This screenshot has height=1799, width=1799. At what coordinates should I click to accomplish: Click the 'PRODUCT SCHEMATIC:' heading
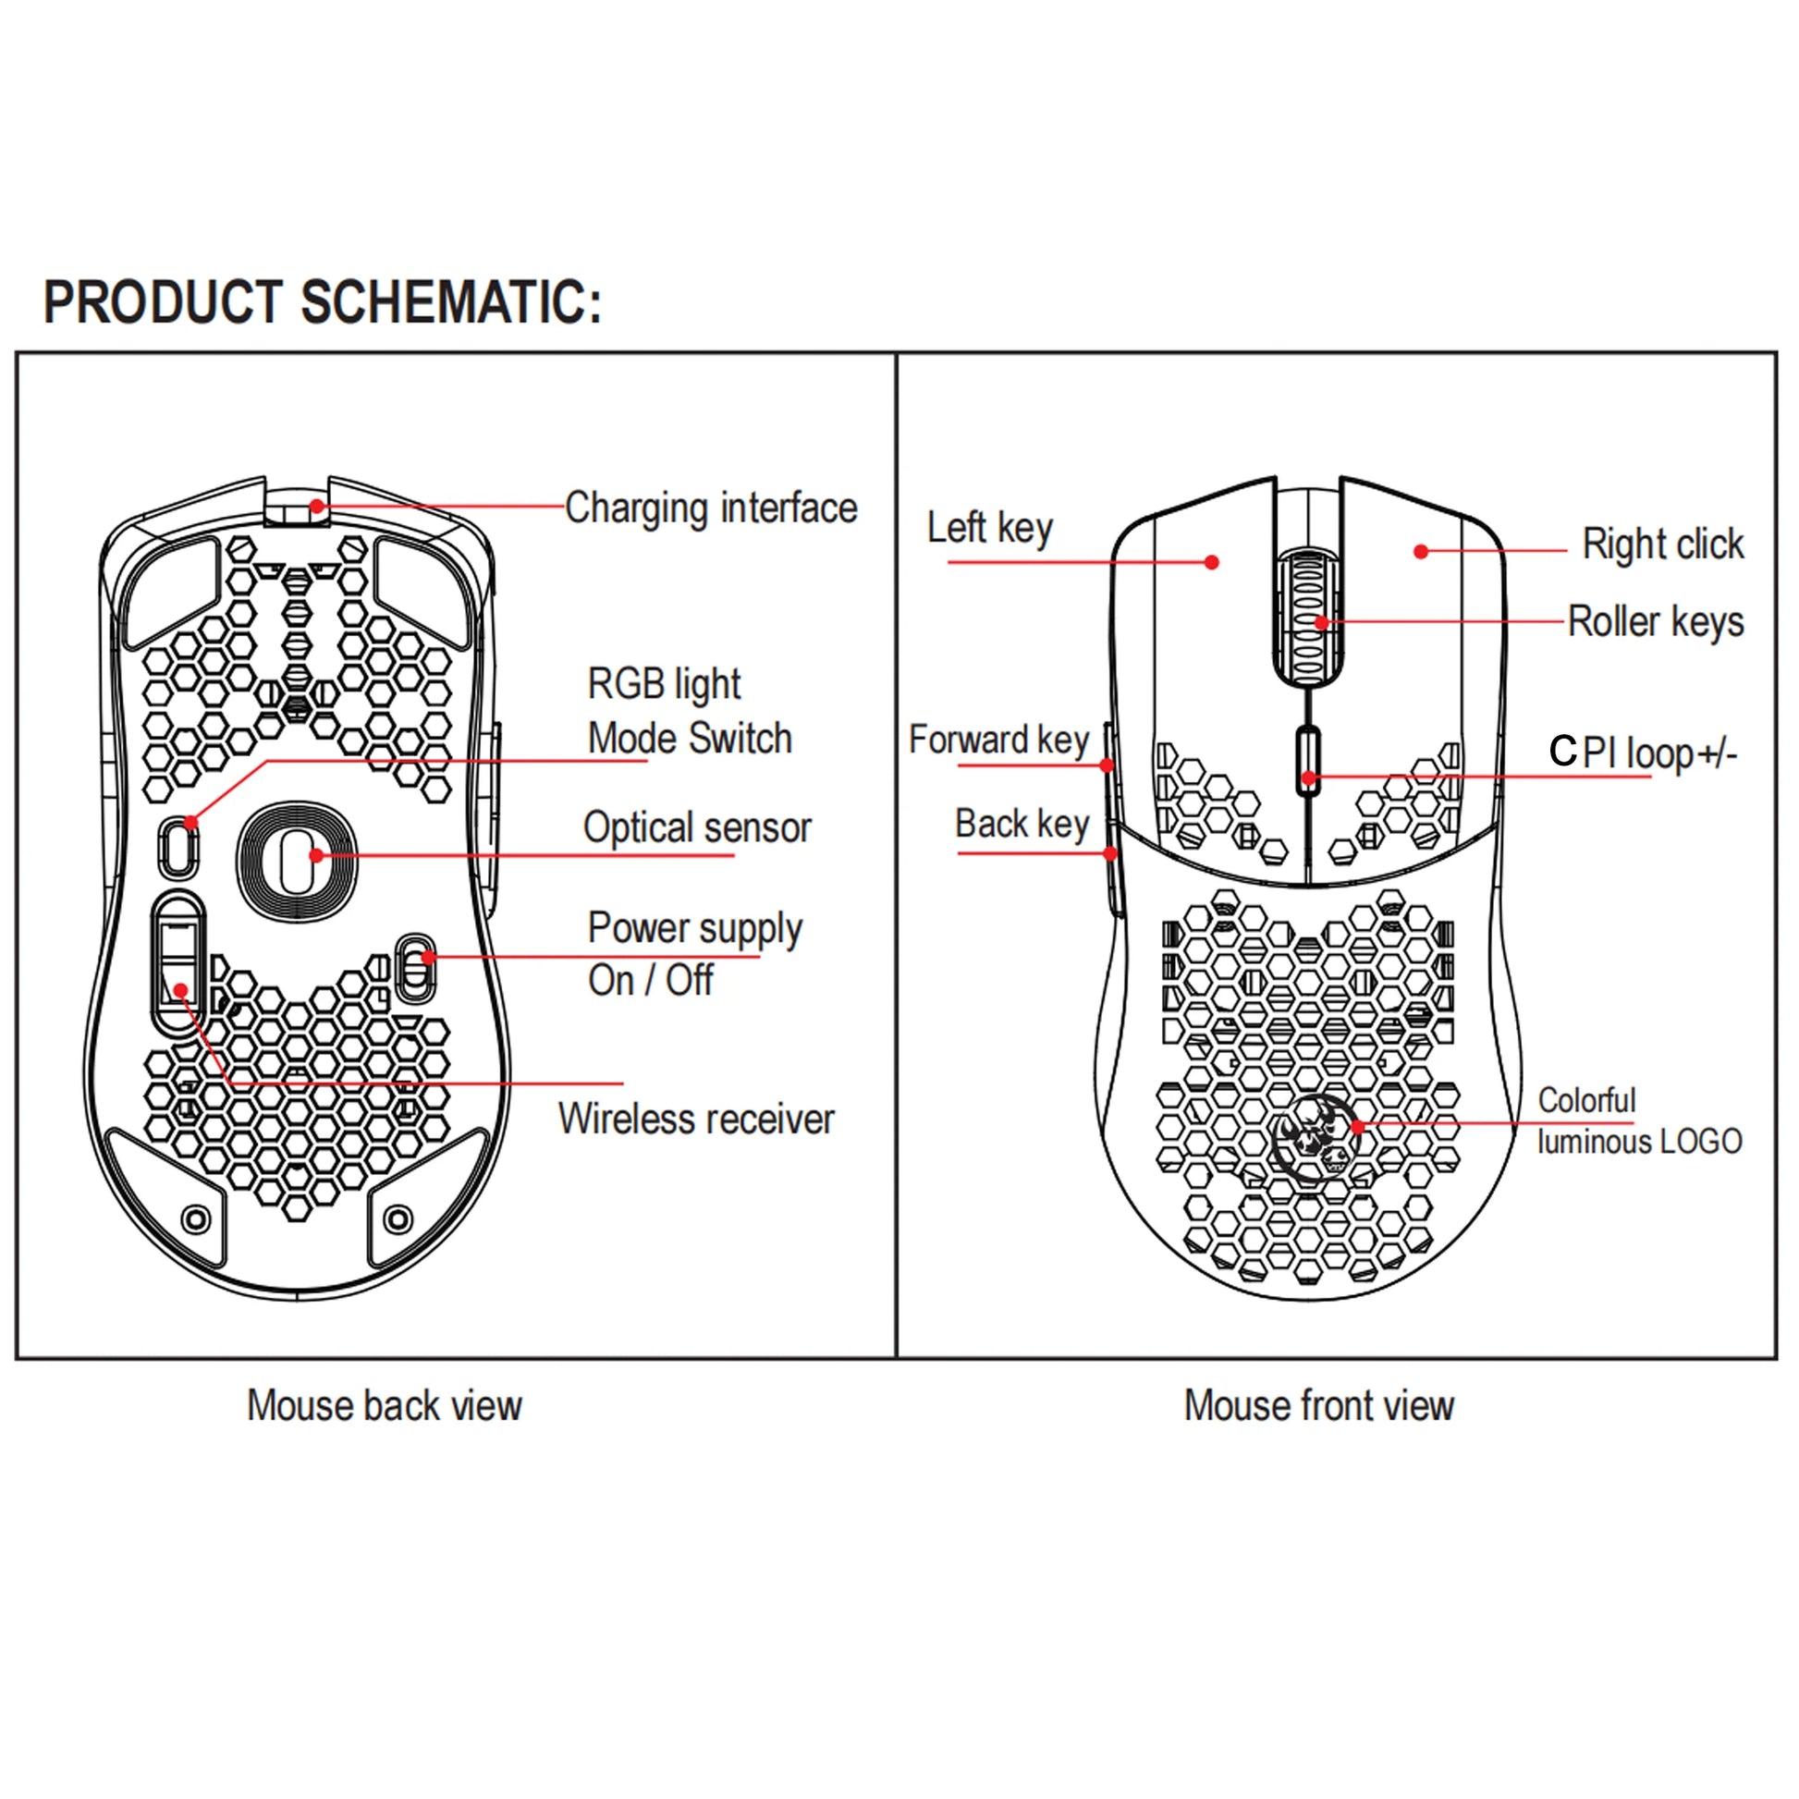[x=323, y=301]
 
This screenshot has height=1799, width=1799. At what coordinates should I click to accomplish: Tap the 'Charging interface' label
[x=711, y=508]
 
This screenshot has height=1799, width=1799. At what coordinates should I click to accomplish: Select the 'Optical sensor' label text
[x=696, y=826]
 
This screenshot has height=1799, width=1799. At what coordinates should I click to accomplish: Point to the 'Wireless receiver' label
[x=695, y=1119]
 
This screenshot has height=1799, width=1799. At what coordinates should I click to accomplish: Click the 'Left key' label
[x=989, y=528]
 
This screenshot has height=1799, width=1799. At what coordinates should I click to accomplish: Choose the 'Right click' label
[x=1662, y=545]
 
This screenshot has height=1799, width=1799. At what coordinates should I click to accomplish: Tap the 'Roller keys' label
[x=1655, y=622]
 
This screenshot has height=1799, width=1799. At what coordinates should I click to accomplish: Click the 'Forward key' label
[x=998, y=740]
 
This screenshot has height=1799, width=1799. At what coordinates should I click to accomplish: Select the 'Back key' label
[x=1022, y=824]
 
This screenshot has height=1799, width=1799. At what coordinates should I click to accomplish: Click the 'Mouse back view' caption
[x=384, y=1405]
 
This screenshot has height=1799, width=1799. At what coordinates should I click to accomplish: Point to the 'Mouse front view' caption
[x=1317, y=1405]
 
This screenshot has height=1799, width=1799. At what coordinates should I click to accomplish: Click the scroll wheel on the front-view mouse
[x=1307, y=617]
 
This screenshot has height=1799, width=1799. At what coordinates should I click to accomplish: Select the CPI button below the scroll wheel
[x=1308, y=761]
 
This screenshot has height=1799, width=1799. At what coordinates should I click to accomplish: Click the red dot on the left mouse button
[x=1211, y=562]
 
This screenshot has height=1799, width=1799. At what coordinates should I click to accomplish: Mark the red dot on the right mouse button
[x=1421, y=552]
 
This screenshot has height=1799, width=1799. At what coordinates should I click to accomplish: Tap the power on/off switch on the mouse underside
[x=415, y=969]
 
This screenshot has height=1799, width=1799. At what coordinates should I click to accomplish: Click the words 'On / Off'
[x=650, y=981]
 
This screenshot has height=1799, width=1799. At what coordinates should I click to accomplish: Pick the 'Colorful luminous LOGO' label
[x=1638, y=1120]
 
